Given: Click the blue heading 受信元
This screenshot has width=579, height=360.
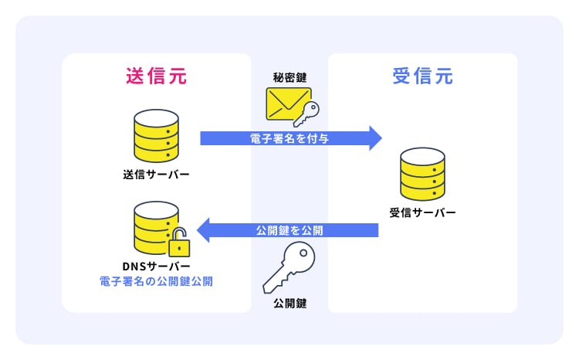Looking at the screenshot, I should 422,76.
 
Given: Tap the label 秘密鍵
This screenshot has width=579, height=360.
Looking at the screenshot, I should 289,77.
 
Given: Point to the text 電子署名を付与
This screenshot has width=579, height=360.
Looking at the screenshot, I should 290,138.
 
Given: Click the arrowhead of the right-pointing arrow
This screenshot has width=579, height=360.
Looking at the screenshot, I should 374,138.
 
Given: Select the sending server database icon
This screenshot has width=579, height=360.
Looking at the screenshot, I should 156,134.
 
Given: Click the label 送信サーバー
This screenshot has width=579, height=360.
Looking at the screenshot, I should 156,173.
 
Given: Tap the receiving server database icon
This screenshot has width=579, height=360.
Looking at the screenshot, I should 422,174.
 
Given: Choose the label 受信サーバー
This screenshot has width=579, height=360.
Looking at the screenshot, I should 422,212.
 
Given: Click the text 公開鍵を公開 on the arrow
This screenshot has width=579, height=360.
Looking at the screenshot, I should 290,230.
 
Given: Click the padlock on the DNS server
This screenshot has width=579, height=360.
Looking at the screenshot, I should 178,245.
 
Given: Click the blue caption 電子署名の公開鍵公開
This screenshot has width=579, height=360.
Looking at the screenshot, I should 156,281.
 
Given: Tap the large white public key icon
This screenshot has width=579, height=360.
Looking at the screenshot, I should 287,267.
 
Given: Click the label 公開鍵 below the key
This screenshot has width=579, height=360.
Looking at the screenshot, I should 289,304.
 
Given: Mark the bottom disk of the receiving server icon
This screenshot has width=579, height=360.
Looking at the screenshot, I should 422,190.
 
